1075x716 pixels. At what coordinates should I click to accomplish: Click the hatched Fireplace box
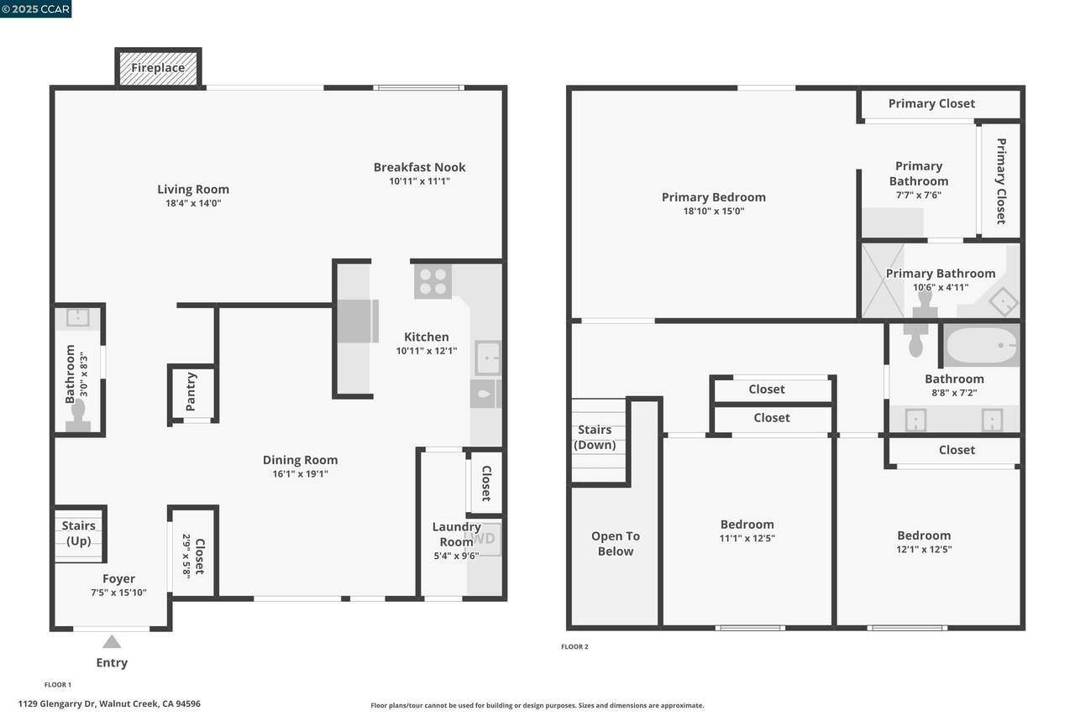pos(158,68)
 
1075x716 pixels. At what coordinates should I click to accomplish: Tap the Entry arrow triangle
pos(112,641)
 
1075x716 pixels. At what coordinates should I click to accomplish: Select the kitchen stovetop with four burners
pos(433,281)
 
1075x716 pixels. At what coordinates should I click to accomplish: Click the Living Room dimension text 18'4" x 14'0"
pos(193,203)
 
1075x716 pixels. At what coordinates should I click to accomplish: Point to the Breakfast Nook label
pos(419,167)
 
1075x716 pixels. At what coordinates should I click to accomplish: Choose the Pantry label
pos(191,392)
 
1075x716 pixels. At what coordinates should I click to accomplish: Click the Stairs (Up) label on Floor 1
pos(79,533)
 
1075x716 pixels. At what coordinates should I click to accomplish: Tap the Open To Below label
pos(616,544)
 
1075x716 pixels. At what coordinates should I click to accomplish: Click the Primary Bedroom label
pos(714,197)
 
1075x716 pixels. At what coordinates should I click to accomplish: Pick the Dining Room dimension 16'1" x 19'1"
pos(301,474)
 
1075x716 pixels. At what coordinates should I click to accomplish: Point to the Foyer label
pos(118,579)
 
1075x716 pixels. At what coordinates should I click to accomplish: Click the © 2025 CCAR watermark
pos(35,8)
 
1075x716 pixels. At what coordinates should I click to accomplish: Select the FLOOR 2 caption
pos(574,646)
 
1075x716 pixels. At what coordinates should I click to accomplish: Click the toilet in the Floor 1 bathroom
pos(78,416)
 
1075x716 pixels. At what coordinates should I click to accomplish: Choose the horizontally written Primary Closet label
pos(931,103)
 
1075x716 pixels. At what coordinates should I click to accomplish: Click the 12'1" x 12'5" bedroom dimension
pos(924,550)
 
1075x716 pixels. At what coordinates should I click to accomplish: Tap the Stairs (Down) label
pos(595,437)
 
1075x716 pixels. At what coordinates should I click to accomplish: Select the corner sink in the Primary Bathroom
pos(1004,302)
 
